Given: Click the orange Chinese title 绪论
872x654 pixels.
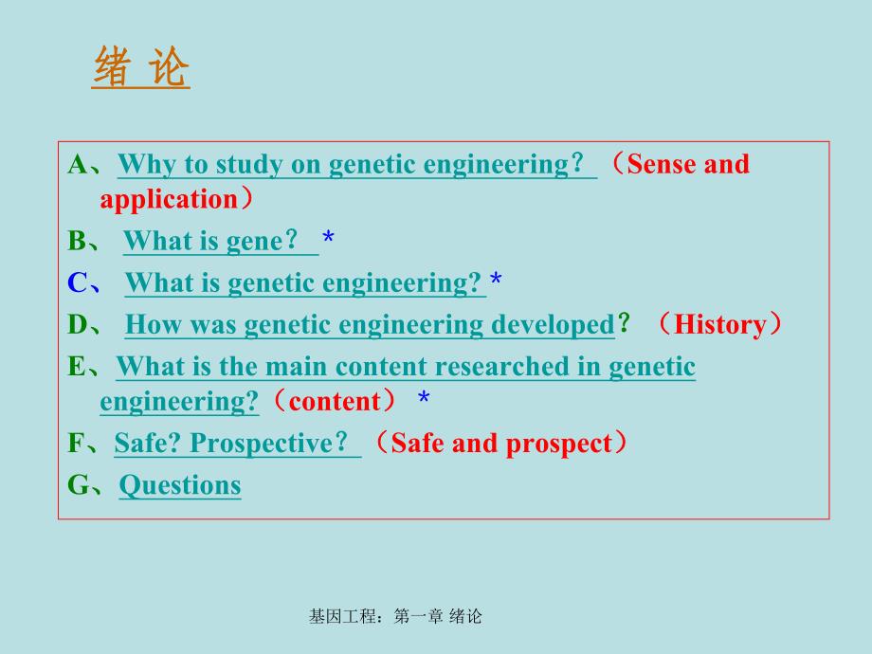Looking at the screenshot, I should [x=141, y=68].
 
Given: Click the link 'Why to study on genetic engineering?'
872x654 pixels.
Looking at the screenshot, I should [x=355, y=165].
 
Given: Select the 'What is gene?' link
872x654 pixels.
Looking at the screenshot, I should [x=219, y=242].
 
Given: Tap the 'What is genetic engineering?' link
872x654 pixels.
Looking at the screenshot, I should [x=304, y=283].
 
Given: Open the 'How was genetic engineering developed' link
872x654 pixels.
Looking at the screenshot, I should [x=370, y=325].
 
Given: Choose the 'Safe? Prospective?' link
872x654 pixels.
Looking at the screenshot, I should [x=236, y=444].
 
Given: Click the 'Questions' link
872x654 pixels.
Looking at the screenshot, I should [x=180, y=485].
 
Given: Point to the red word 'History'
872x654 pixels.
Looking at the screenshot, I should [x=719, y=325].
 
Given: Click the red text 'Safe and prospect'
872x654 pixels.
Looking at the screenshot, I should [x=501, y=444].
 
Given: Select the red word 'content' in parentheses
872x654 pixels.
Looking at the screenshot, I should [x=334, y=402].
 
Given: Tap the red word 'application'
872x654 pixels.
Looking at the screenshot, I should [x=168, y=200].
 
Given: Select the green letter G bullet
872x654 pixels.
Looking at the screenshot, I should [x=79, y=485].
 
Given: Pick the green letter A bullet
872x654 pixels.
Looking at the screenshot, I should [x=78, y=165].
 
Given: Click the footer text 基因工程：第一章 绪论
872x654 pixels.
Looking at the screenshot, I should [x=395, y=617].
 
